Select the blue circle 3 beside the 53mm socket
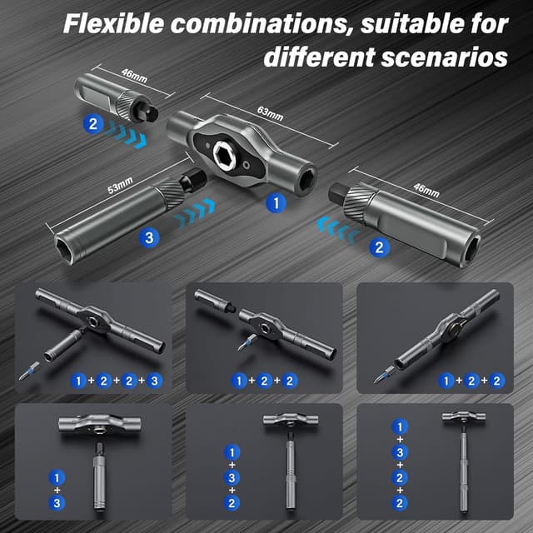click(149, 238)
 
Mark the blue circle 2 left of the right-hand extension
click(380, 247)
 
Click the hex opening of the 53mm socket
click(73, 243)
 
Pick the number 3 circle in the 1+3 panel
click(57, 504)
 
